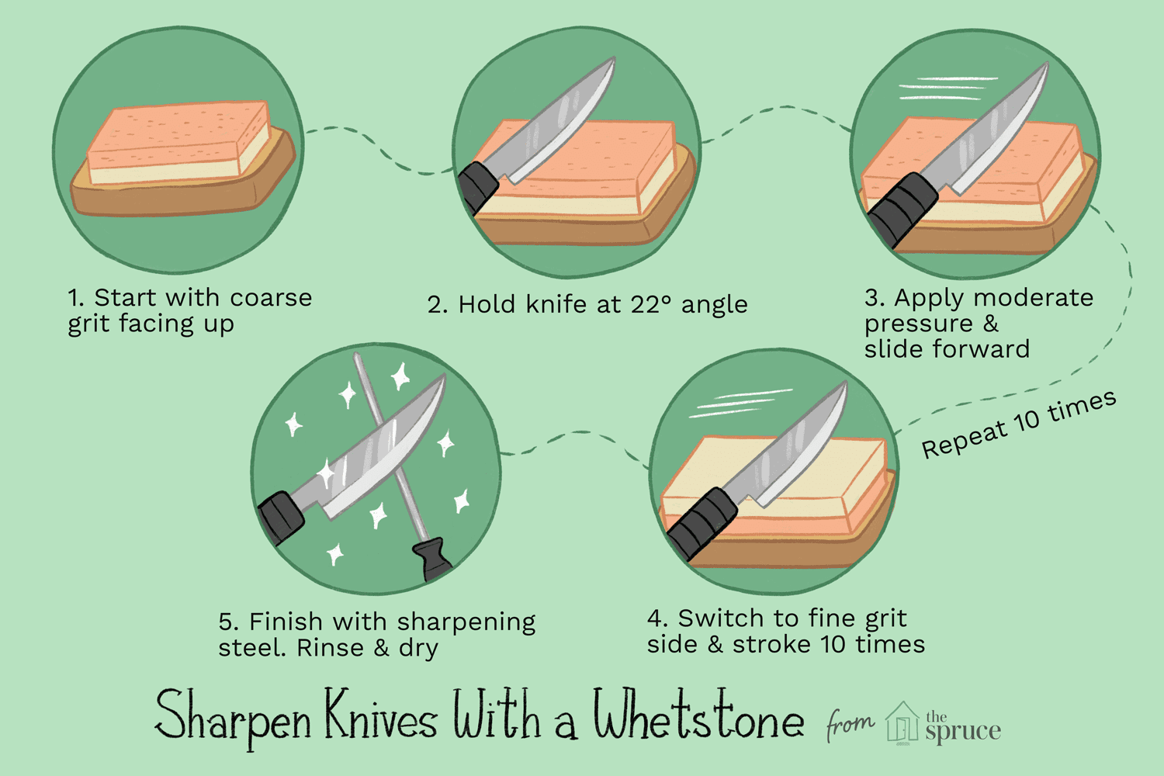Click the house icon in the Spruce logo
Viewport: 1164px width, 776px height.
click(902, 723)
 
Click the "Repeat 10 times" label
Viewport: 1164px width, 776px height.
click(1019, 424)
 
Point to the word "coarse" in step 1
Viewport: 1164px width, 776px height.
click(271, 297)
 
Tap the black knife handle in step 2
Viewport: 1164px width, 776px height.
click(478, 186)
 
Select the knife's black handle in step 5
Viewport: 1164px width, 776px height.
click(281, 517)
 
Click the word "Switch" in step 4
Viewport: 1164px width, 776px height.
click(710, 618)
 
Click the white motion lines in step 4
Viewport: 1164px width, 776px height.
click(741, 403)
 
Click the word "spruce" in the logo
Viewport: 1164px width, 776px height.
click(963, 731)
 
